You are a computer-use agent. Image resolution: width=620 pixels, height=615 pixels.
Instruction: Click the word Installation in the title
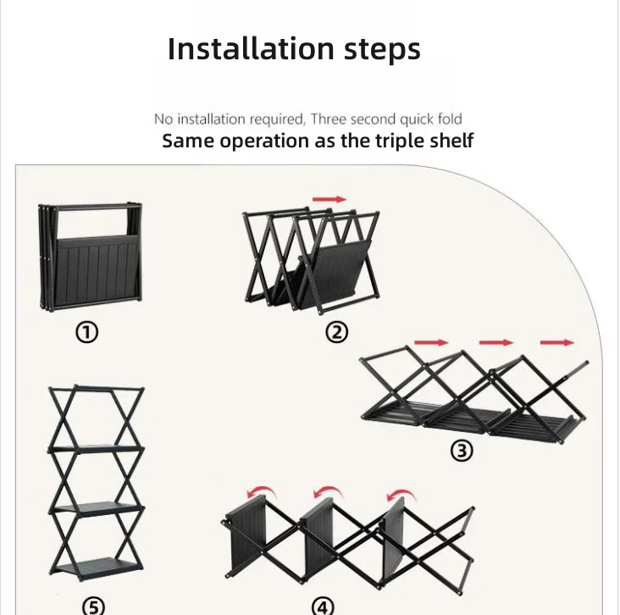coord(251,48)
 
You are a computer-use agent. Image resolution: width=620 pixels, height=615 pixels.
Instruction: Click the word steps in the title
coord(382,50)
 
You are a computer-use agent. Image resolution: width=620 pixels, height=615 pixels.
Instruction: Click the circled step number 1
coord(87,332)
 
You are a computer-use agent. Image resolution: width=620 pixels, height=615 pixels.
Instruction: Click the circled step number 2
coord(337,332)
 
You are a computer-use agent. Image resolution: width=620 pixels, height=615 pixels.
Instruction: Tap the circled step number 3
coord(462,451)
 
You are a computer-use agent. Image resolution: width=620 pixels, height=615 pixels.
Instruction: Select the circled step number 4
coord(323,607)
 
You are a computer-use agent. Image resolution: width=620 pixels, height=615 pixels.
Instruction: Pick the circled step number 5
coord(93,607)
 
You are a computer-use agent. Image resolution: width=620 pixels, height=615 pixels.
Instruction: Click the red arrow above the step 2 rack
coord(329,199)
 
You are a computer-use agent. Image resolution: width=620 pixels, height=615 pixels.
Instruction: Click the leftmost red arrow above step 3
coord(431,342)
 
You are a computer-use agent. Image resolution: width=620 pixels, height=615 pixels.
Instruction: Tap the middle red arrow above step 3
coord(496,342)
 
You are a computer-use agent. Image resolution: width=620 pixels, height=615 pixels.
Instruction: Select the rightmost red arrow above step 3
coord(557,342)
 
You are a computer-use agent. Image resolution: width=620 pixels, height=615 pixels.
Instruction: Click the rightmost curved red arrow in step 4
coord(401,493)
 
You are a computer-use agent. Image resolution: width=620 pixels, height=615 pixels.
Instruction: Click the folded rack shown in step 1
coord(90,257)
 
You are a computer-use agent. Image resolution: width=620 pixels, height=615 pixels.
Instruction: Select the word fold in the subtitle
coord(450,119)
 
